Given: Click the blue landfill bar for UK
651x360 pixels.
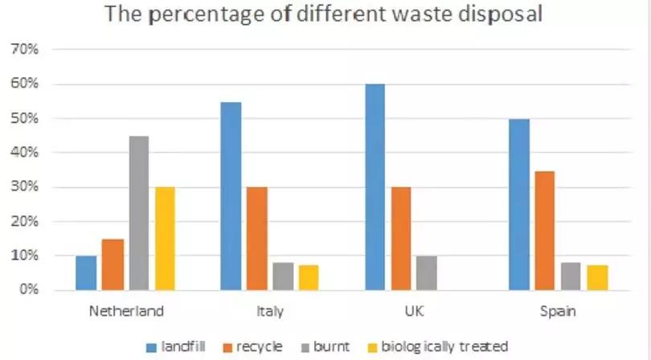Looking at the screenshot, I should point(374,186).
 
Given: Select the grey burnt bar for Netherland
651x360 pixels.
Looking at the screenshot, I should point(138,213).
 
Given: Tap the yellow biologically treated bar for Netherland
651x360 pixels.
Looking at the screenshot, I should point(165,238).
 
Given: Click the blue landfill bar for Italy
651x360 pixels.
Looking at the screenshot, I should point(231,195).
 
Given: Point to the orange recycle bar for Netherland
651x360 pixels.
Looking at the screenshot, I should point(112,264).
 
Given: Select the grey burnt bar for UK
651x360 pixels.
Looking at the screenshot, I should point(427,272).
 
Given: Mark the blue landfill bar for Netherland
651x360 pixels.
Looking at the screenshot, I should point(86,272).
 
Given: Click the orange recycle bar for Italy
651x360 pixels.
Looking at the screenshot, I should point(256,238).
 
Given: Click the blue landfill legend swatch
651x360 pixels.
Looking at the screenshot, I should point(151,346).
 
